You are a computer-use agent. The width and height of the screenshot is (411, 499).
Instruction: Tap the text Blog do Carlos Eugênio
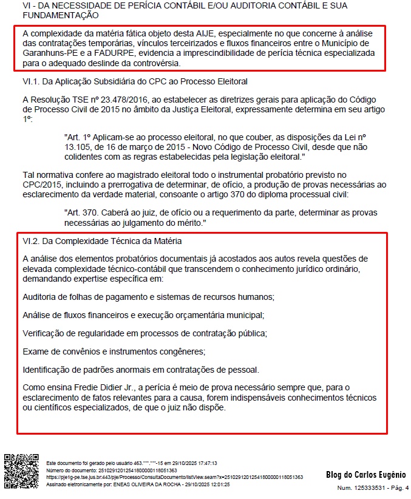365,475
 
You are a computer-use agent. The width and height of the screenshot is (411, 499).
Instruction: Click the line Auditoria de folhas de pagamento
148,296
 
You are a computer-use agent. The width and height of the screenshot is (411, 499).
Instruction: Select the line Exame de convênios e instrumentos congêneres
114,351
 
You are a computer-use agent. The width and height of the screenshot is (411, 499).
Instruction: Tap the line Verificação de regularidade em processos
144,333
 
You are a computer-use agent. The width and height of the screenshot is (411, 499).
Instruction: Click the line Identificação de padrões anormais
141,369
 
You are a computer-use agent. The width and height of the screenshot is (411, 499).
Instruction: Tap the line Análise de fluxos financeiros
143,315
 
